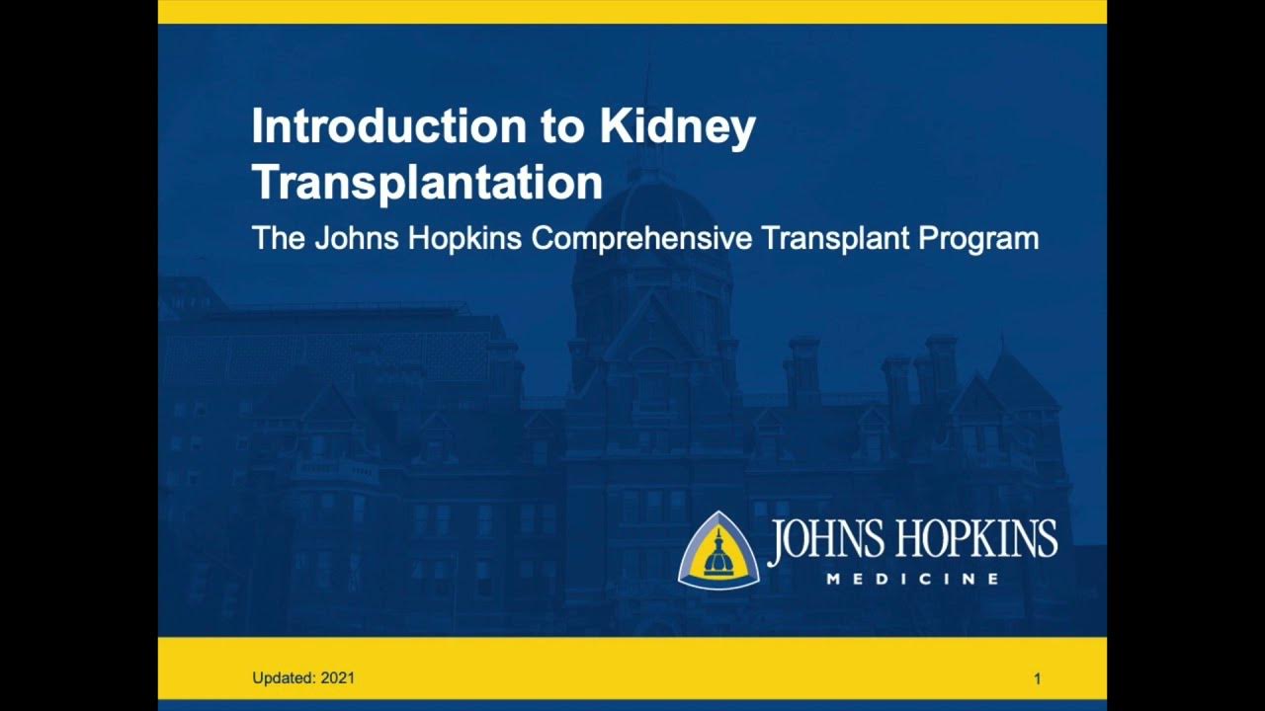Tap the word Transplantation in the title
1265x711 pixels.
pos(427,183)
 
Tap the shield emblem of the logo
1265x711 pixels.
pos(718,551)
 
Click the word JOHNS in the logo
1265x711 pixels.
pos(826,540)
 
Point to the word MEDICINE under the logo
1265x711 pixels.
pos(912,579)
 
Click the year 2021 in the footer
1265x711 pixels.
pos(338,678)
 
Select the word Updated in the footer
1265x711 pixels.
pos(284,678)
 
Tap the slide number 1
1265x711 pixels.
pos(1038,678)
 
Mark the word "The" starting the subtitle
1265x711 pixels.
pos(278,239)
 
